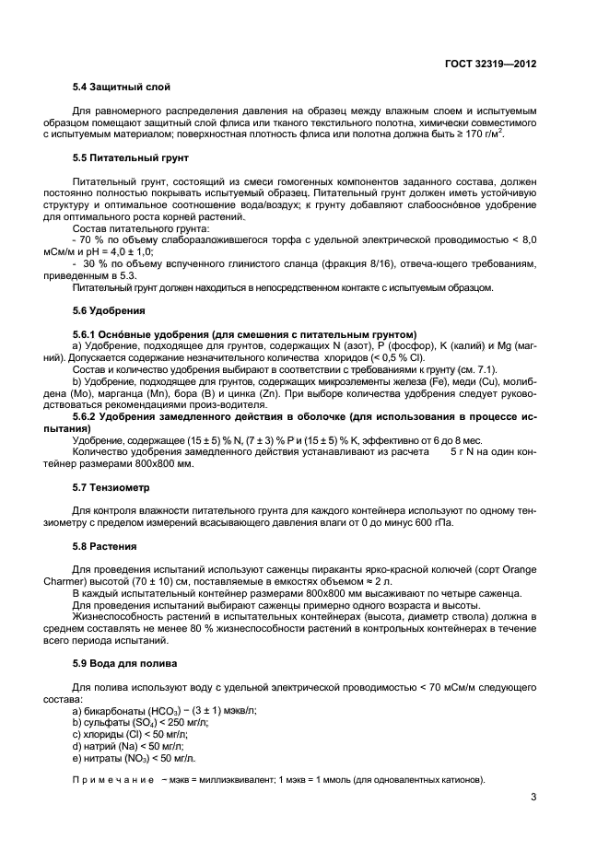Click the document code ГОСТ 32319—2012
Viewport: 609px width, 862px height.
tap(490, 65)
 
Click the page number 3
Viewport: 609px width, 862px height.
tap(533, 798)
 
